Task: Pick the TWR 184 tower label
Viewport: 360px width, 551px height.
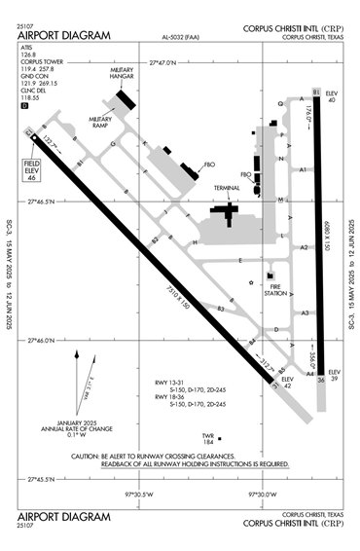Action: coord(207,439)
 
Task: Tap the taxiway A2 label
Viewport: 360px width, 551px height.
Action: coord(305,247)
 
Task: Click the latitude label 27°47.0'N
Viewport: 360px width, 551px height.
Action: coord(164,62)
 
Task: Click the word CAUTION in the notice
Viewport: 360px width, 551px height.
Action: coord(87,456)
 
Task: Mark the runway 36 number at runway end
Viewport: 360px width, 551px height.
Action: coord(321,380)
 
